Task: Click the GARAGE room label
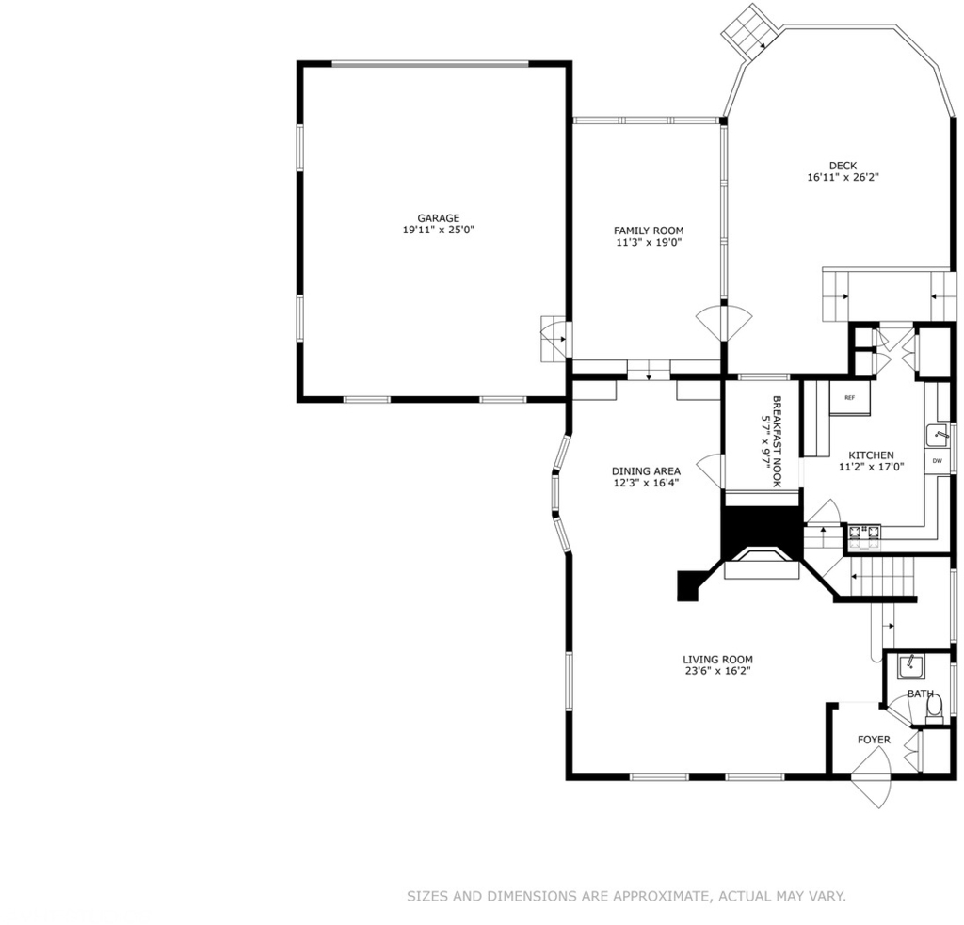pos(439,218)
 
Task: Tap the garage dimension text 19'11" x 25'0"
pos(439,230)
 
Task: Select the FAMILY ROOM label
pos(649,231)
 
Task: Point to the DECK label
pos(843,166)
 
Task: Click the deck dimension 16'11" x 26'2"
pos(843,177)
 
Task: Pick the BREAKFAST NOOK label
pos(777,441)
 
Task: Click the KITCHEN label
pos(871,455)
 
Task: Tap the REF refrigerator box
pos(850,398)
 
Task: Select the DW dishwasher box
pos(938,461)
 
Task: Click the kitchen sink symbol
pos(939,435)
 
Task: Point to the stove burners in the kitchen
pos(864,536)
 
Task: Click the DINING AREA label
pos(646,471)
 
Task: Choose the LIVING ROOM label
pos(717,660)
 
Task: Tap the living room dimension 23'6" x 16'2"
pos(717,671)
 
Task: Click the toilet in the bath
pos(934,709)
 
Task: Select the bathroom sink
pos(910,667)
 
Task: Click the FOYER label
pos(874,740)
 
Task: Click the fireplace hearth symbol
pos(762,564)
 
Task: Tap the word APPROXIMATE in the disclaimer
pos(662,896)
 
